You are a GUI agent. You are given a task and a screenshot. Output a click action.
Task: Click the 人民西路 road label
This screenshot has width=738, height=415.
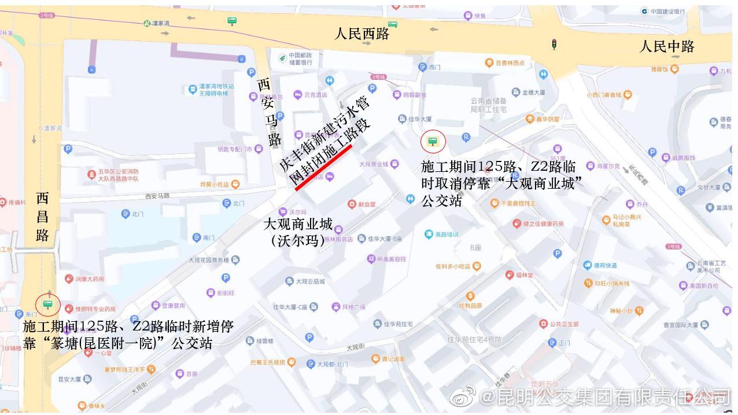[x=362, y=34]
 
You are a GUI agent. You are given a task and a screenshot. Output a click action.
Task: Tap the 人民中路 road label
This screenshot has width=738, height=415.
[x=666, y=46]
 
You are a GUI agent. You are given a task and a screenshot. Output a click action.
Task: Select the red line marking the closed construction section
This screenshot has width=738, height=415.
[x=323, y=167]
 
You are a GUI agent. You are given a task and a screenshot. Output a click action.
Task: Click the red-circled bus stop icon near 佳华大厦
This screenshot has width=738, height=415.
[x=432, y=141]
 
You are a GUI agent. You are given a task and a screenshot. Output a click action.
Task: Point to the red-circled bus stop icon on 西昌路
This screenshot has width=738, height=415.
[x=47, y=304]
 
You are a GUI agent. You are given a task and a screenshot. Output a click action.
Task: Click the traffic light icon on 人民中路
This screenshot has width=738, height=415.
[x=554, y=44]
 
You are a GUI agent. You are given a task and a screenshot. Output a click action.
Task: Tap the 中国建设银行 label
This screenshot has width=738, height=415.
[x=667, y=11]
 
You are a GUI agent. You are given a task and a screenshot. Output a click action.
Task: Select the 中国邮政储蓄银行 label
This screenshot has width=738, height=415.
[x=300, y=58]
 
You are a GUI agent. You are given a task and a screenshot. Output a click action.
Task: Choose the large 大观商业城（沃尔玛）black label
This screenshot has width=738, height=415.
[x=298, y=232]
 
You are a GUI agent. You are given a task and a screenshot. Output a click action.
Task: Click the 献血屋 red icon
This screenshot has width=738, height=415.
[x=352, y=204]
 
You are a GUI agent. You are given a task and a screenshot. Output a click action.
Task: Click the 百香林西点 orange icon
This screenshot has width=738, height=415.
[x=489, y=63]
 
